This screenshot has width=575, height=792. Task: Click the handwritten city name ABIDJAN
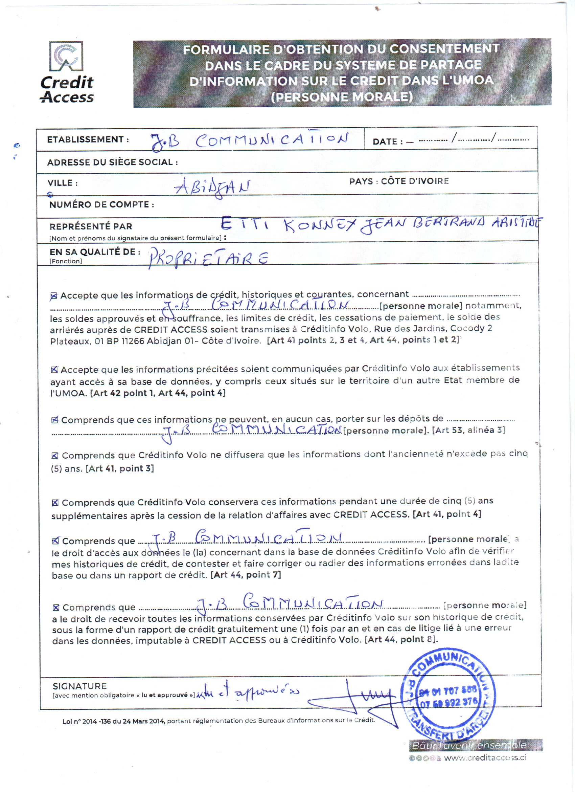pos(212,188)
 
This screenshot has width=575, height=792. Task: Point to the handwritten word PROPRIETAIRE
pos(208,258)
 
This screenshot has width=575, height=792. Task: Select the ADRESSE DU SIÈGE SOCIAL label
pos(112,162)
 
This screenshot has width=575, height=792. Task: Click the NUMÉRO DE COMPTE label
pos(101,205)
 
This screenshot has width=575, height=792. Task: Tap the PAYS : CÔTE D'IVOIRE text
pos(399,181)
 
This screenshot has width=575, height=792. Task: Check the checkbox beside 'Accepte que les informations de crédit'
pos(54,296)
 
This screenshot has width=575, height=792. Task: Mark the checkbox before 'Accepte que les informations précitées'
pos(54,370)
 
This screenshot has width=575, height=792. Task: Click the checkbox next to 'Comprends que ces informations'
pos(55,420)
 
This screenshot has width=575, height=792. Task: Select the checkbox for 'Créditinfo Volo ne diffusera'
pos(55,456)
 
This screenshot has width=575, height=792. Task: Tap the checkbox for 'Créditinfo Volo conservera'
pos(55,503)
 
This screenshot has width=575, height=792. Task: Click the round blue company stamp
pos(449,695)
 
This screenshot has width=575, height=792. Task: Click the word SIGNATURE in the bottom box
pos(79,686)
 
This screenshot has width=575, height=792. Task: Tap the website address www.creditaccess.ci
pos(485,757)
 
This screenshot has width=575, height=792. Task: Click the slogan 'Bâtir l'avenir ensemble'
pos(469,745)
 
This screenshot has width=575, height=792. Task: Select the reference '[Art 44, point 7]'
pos(246,575)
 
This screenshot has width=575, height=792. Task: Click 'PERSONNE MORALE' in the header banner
pos(342,97)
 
